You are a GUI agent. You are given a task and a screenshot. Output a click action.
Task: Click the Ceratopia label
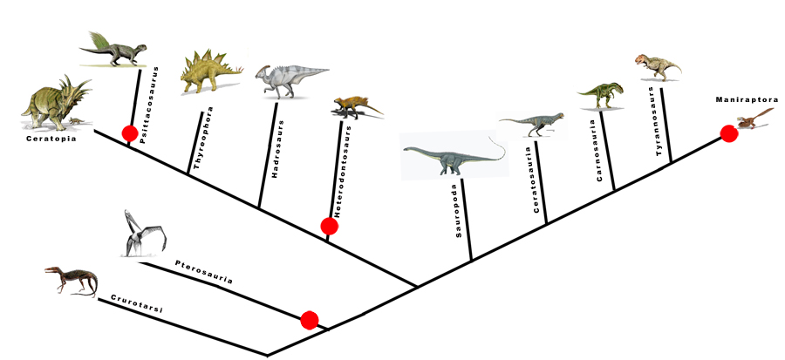pyautogui.click(x=51, y=139)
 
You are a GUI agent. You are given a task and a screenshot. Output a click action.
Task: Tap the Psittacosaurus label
pyautogui.click(x=144, y=105)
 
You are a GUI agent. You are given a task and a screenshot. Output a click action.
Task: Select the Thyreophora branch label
pyautogui.click(x=197, y=138)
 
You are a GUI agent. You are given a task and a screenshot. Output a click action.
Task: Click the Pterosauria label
pyautogui.click(x=204, y=271)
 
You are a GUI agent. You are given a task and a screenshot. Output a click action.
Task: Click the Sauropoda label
pyautogui.click(x=459, y=212)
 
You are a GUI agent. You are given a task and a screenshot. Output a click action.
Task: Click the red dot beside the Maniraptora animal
pyautogui.click(x=729, y=134)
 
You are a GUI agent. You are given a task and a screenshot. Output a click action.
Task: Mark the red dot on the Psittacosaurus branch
pyautogui.click(x=130, y=133)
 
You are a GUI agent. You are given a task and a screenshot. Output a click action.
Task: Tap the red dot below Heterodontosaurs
pyautogui.click(x=330, y=226)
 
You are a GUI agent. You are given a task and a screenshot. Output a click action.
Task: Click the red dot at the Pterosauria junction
pyautogui.click(x=310, y=320)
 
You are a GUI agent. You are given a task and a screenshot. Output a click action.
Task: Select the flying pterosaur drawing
pyautogui.click(x=144, y=234)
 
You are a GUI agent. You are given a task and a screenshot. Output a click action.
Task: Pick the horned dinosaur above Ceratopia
pyautogui.click(x=56, y=103)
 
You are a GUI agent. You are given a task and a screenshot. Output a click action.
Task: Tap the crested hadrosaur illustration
pyautogui.click(x=290, y=80)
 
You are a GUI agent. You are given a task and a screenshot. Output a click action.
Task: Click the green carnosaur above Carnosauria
pyautogui.click(x=601, y=95)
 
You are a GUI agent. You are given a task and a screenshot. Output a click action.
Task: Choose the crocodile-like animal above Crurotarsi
pyautogui.click(x=71, y=281)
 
